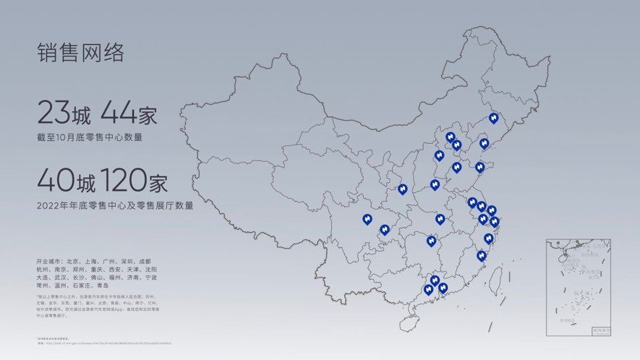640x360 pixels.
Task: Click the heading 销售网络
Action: [x=81, y=53]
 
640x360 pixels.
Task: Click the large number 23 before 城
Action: [x=54, y=114]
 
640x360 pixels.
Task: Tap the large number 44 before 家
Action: [x=116, y=114]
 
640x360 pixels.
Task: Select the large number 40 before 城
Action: [x=56, y=180]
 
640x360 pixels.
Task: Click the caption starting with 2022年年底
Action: [x=115, y=205]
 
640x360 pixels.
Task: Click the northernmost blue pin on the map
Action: [x=493, y=117]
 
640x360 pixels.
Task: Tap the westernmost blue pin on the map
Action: [x=367, y=218]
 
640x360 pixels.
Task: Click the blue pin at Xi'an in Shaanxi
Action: [x=402, y=189]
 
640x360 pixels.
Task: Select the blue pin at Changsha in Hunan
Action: [x=431, y=240]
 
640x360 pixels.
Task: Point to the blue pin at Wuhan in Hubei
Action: [x=440, y=218]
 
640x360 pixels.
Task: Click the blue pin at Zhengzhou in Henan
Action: [x=435, y=184]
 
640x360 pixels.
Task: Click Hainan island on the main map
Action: [x=411, y=323]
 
